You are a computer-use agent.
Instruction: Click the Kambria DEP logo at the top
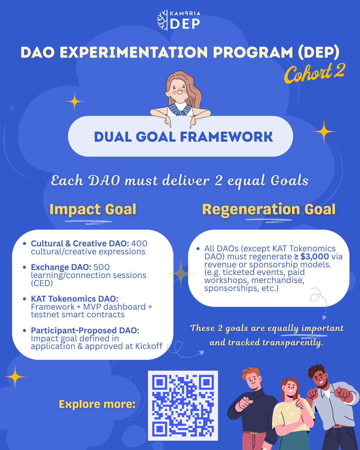(x=179, y=20)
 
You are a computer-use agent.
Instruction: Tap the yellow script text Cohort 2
(x=314, y=73)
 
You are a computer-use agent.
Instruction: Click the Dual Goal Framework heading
(x=183, y=137)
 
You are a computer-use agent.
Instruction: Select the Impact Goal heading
(x=93, y=209)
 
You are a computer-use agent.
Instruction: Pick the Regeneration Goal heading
(x=269, y=209)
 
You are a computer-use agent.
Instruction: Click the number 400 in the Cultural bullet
(x=139, y=243)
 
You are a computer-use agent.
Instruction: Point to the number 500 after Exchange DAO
(x=101, y=267)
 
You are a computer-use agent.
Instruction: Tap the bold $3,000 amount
(x=314, y=256)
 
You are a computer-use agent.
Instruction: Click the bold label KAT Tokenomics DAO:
(x=75, y=299)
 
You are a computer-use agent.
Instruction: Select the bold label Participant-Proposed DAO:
(x=85, y=331)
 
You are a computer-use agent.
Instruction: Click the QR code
(x=183, y=406)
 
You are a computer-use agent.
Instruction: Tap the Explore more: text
(x=97, y=404)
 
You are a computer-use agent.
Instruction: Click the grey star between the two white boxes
(x=181, y=274)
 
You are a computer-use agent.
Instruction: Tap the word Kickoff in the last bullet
(x=149, y=346)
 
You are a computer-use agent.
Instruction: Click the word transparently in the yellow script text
(x=293, y=343)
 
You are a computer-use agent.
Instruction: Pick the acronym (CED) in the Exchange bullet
(x=42, y=283)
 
